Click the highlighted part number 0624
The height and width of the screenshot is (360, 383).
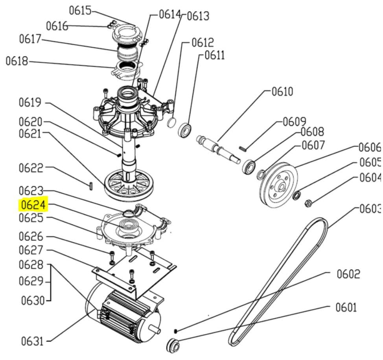[x=33, y=204]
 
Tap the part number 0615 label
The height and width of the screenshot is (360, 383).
[x=80, y=11]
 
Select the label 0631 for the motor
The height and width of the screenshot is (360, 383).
[x=32, y=341]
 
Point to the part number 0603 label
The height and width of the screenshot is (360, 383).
[x=370, y=209]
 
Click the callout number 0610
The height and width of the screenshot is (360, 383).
[x=282, y=92]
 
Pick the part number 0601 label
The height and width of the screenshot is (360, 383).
[x=346, y=307]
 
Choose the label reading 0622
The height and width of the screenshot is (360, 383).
[x=31, y=168]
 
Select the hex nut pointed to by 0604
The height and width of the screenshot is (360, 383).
[x=308, y=203]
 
